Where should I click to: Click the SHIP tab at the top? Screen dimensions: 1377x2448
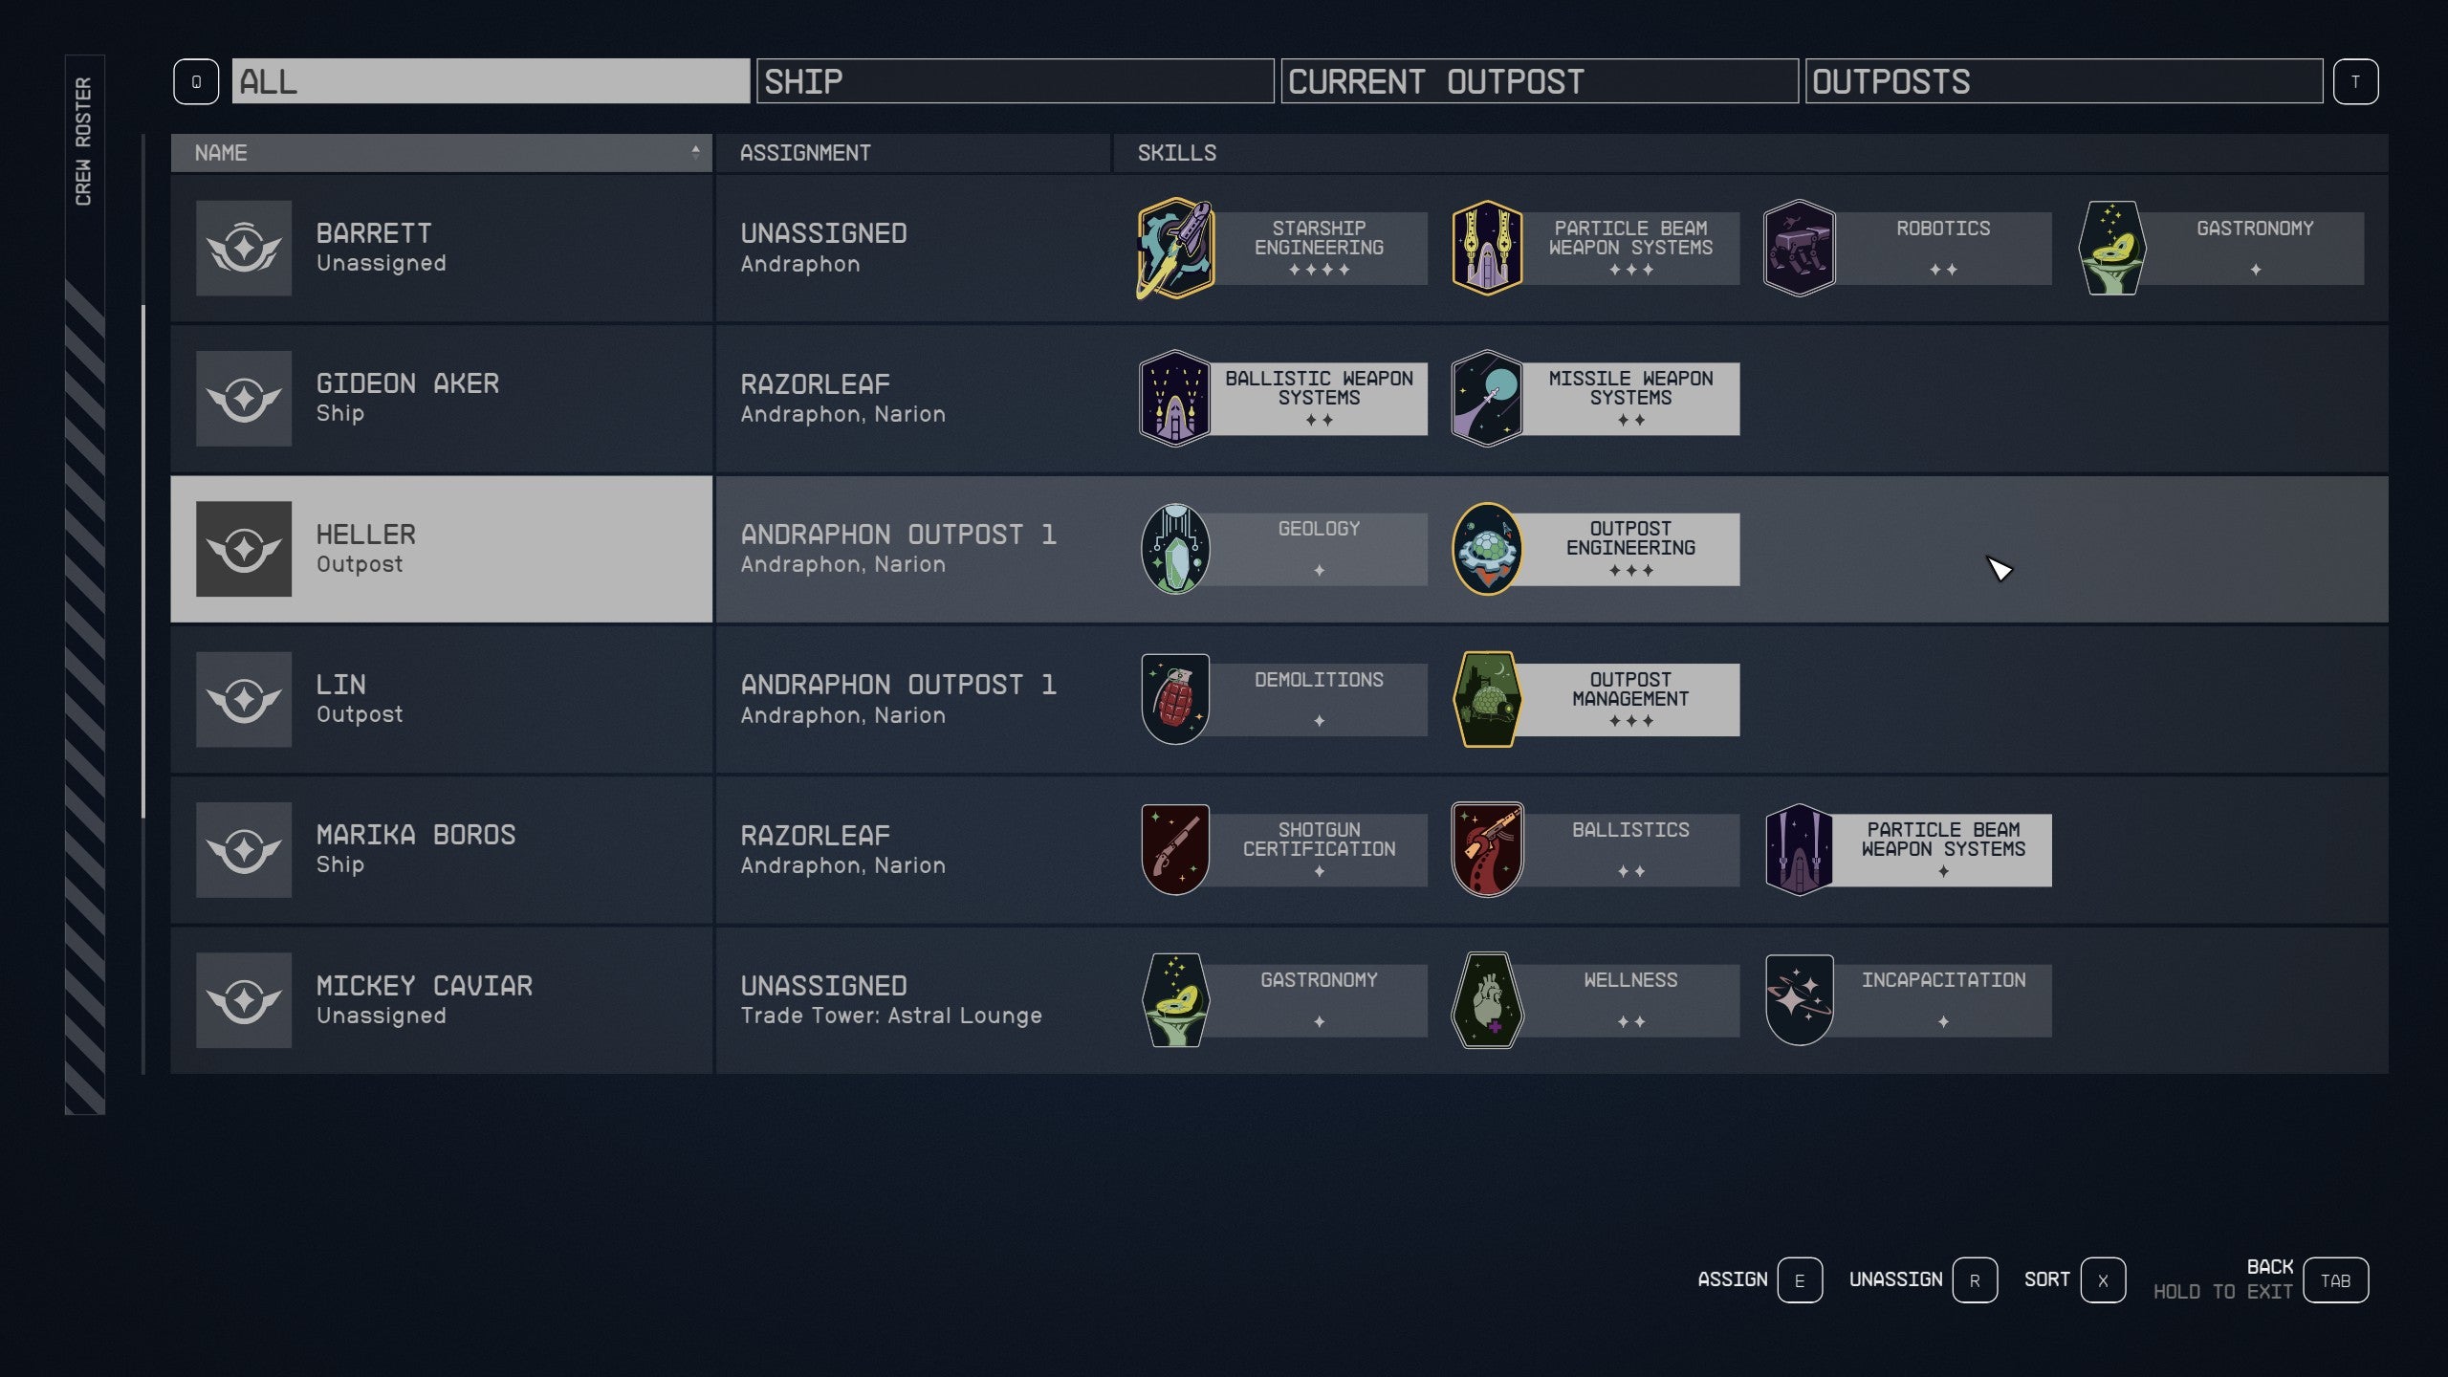[x=1015, y=81]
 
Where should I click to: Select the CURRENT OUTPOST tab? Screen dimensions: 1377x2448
[x=1539, y=81]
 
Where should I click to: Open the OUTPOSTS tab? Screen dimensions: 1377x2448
[x=2063, y=81]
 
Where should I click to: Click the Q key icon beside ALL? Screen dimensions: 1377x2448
[x=196, y=82]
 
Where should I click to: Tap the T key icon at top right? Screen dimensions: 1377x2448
[x=2355, y=82]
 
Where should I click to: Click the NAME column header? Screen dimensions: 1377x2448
[x=441, y=153]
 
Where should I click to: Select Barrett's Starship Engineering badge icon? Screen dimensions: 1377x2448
[x=1175, y=249]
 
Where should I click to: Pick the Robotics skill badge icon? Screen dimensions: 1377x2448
[x=1799, y=249]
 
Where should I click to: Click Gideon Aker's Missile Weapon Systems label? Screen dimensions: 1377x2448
[x=1630, y=398]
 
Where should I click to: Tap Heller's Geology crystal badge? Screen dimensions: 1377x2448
[x=1175, y=549]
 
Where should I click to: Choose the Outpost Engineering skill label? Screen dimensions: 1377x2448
[x=1630, y=549]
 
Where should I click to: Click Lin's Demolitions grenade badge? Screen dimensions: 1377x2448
[x=1175, y=699]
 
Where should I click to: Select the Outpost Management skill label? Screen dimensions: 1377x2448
[x=1630, y=699]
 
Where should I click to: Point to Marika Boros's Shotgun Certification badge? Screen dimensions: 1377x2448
[x=1175, y=849]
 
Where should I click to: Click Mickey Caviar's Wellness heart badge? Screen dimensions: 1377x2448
[x=1487, y=1000]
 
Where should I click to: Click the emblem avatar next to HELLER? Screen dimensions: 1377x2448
[x=244, y=549]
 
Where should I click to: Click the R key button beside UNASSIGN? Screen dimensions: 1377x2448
[x=1975, y=1280]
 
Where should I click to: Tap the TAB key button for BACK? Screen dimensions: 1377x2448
[x=2335, y=1280]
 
